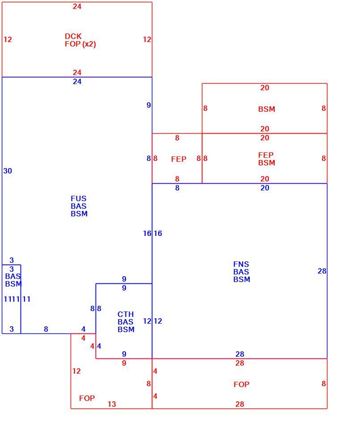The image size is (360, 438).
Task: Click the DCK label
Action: coord(73,36)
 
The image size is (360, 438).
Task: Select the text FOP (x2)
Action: coord(80,44)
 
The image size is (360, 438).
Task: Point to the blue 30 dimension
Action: coord(8,171)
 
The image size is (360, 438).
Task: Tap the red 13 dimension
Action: coord(112,404)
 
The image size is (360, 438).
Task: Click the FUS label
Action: coord(79,198)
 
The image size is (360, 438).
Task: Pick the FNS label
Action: coord(241,264)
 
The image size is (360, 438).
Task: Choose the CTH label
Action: coord(126,314)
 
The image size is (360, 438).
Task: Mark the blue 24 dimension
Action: coord(77,81)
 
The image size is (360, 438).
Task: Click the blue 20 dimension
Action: coord(265,188)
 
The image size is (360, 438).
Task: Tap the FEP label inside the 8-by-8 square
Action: coord(179,159)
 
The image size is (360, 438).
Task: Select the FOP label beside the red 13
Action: coord(87,398)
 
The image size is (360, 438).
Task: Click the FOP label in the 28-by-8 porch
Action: coord(241,384)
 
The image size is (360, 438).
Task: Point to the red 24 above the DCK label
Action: coord(77,6)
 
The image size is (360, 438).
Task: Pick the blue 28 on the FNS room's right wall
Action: coord(322,271)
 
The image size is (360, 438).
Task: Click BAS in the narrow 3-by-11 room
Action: coord(13,276)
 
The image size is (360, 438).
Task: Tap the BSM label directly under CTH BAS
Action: coord(126,330)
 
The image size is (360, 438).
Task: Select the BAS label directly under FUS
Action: coord(79,206)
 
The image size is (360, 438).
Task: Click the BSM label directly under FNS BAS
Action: coord(242,280)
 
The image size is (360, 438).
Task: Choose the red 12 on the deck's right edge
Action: coord(147,40)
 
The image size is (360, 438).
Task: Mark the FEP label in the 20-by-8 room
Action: coord(266,155)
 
